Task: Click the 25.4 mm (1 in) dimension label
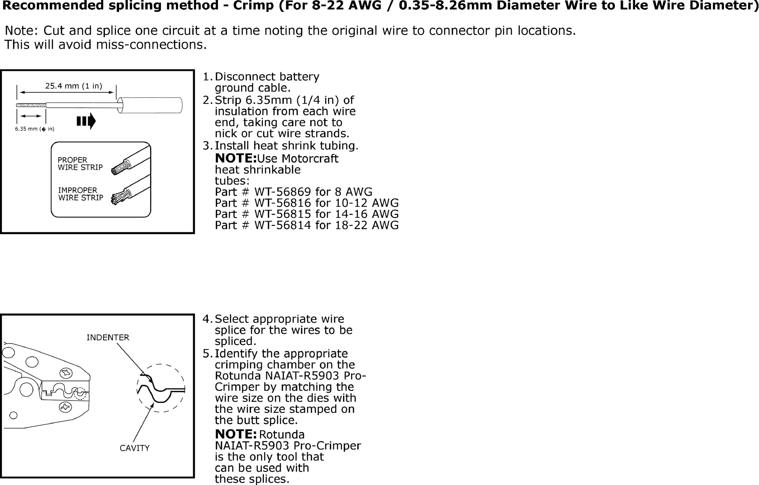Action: [73, 86]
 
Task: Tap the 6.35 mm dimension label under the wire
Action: [35, 129]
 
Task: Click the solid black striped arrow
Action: [86, 121]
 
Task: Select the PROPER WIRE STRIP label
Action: [80, 164]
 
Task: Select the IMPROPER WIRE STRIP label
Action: [81, 194]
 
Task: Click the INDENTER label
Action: [108, 338]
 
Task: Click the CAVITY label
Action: [134, 448]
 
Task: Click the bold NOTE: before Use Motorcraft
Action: [236, 158]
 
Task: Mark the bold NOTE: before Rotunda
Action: [236, 434]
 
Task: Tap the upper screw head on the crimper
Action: [66, 373]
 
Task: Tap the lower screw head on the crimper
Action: [65, 407]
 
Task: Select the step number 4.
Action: [206, 319]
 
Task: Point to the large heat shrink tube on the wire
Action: [150, 105]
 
